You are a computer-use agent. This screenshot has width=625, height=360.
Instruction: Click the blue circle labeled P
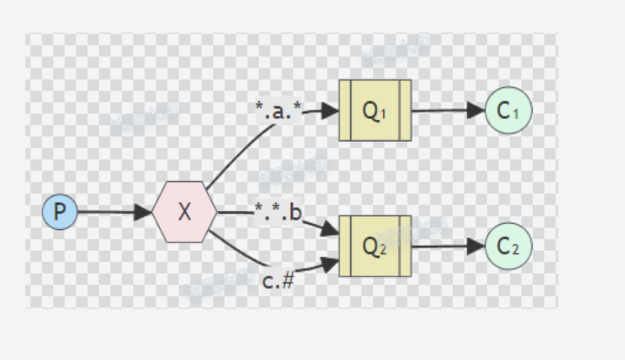60,211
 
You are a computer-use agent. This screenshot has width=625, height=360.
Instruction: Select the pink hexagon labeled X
184,211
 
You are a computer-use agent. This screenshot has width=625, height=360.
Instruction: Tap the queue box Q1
375,111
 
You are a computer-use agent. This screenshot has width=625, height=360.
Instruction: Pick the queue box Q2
375,246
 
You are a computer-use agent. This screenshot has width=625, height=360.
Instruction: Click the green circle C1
508,111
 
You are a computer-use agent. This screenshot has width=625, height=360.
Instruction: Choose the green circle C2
508,246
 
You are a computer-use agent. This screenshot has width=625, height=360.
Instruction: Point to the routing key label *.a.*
279,110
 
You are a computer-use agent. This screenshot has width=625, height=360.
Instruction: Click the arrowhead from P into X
145,211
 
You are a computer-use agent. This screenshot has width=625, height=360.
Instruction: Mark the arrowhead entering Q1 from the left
331,111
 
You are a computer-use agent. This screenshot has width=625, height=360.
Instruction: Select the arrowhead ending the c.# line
331,264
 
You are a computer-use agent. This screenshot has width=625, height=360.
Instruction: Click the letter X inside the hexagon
184,211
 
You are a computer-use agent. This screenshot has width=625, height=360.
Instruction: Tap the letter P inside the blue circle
60,211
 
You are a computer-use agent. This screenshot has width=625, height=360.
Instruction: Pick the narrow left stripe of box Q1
344,111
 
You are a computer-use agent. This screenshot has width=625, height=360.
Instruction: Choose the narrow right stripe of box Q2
406,246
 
